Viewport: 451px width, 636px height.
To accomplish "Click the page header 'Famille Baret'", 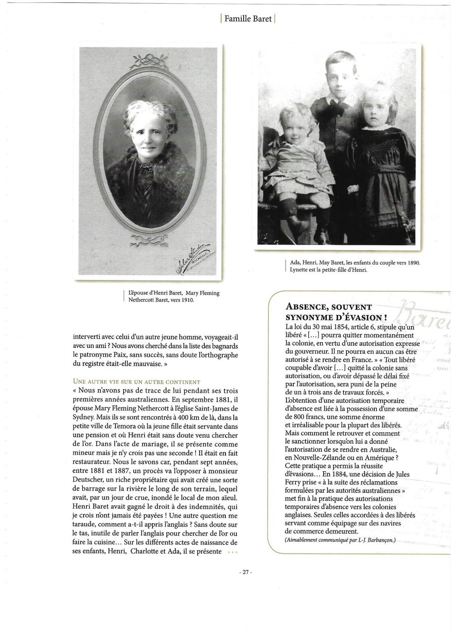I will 248,19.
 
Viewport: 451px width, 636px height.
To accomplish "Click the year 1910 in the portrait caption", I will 188,300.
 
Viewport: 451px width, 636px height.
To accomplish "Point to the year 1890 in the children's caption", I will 413,262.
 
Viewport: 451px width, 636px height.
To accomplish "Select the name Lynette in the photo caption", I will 299,270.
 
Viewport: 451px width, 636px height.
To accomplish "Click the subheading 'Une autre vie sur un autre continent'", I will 136,382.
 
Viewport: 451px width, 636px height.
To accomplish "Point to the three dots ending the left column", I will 233,552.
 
